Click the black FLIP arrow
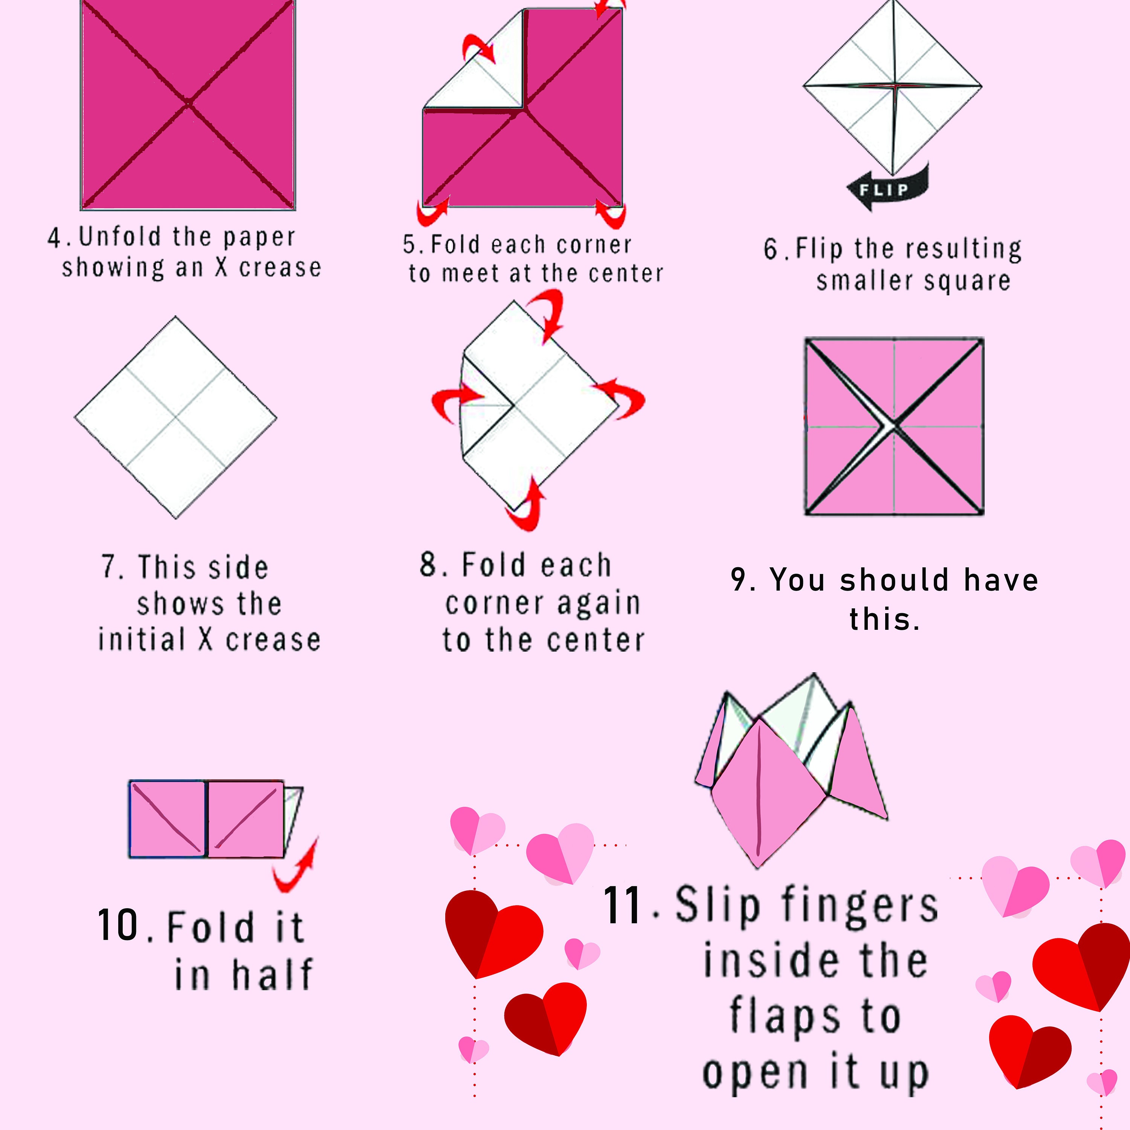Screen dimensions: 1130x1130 (x=886, y=188)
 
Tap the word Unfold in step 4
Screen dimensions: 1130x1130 (x=120, y=237)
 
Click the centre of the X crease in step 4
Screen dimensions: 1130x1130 (x=188, y=104)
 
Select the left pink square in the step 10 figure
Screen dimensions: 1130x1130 (x=167, y=819)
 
